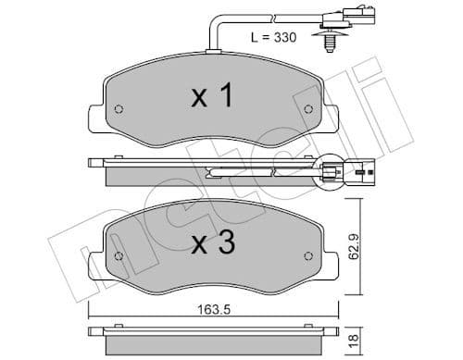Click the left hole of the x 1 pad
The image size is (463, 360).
(118, 111)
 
